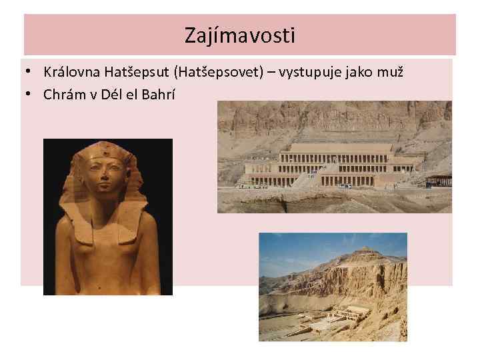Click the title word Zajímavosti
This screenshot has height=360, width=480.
point(240,35)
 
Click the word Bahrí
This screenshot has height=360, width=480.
point(157,94)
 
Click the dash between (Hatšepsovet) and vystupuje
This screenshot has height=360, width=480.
point(272,72)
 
